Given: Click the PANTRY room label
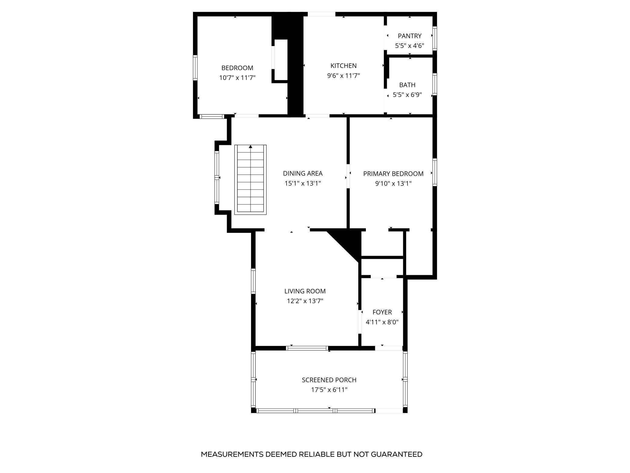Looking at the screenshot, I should tap(409, 36).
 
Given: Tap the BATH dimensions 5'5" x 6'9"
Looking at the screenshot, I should tap(407, 95).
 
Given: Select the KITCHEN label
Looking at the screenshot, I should tap(343, 66).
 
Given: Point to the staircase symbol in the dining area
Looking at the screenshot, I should tap(250, 180).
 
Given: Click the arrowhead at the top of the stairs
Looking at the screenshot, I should tap(250, 147).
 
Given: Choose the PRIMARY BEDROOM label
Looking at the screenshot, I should tap(393, 174).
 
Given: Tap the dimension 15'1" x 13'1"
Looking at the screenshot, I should tap(302, 183).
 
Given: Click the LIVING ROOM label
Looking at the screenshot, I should tap(305, 291).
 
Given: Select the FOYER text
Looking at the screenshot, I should tap(382, 312).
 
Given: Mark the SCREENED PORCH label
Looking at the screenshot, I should tap(329, 380).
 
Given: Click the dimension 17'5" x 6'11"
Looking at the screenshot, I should tap(329, 390).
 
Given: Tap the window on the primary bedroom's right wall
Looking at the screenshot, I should tap(435, 172).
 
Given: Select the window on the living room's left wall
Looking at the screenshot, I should tap(254, 281).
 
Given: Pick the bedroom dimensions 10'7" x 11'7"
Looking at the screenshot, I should tap(237, 78).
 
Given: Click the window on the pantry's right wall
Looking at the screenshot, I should tap(435, 38).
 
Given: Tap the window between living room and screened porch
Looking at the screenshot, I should tap(307, 348).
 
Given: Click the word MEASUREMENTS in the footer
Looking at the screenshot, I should tap(232, 455).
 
